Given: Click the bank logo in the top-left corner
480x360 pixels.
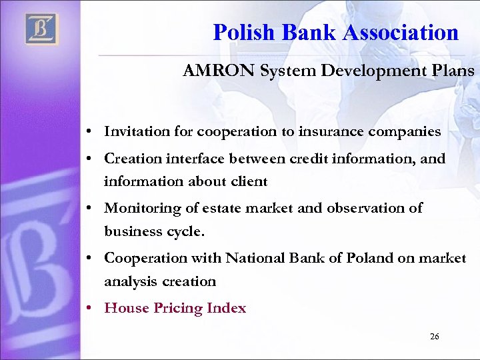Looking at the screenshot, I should pos(42,29).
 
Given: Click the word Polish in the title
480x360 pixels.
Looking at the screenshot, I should pos(244,32).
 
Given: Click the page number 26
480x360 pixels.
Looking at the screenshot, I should pos(435,337).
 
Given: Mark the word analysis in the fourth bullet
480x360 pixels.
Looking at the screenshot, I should pos(128,281).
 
